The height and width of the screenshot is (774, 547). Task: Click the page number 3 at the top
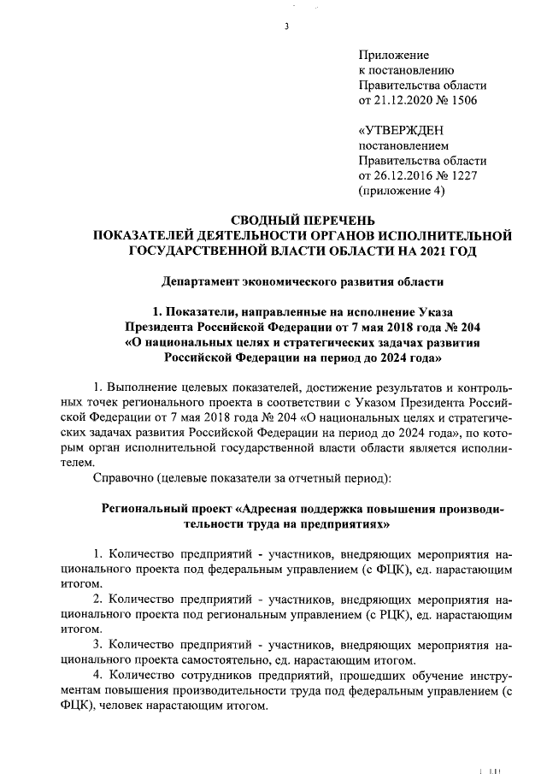click(x=287, y=27)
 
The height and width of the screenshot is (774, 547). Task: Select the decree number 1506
click(x=462, y=101)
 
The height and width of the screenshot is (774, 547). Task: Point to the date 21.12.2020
click(x=403, y=101)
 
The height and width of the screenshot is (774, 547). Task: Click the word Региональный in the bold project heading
click(x=148, y=507)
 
